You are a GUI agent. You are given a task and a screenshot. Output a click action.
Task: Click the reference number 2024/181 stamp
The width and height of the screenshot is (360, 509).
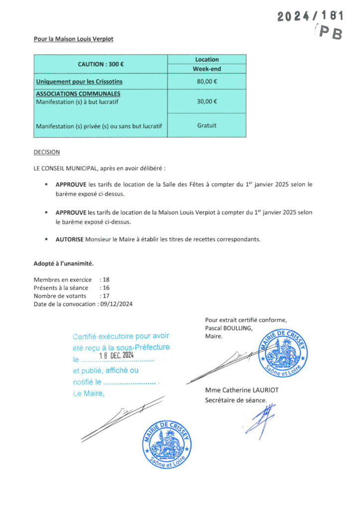(x=310, y=16)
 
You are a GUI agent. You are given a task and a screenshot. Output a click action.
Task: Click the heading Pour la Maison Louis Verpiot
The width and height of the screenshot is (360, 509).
(x=77, y=39)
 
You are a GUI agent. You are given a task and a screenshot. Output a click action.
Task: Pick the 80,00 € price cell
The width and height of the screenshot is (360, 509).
(x=206, y=82)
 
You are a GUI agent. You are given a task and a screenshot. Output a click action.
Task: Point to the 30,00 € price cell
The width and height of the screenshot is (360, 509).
(x=206, y=101)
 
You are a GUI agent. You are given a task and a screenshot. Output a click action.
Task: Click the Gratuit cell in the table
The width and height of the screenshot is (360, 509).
(x=206, y=125)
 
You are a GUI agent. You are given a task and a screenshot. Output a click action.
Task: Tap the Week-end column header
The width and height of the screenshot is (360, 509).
(x=206, y=69)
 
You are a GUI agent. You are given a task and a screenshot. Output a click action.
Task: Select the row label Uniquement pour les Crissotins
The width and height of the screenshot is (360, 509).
(x=79, y=82)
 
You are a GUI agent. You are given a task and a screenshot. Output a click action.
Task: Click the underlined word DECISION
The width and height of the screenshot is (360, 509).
(x=46, y=152)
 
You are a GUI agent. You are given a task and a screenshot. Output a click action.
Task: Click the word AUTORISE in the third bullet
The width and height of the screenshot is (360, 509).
(x=69, y=239)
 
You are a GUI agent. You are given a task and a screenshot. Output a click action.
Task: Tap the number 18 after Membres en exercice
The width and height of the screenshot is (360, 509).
(x=106, y=280)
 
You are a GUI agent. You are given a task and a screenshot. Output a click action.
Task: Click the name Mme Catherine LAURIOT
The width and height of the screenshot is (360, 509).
(x=242, y=390)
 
